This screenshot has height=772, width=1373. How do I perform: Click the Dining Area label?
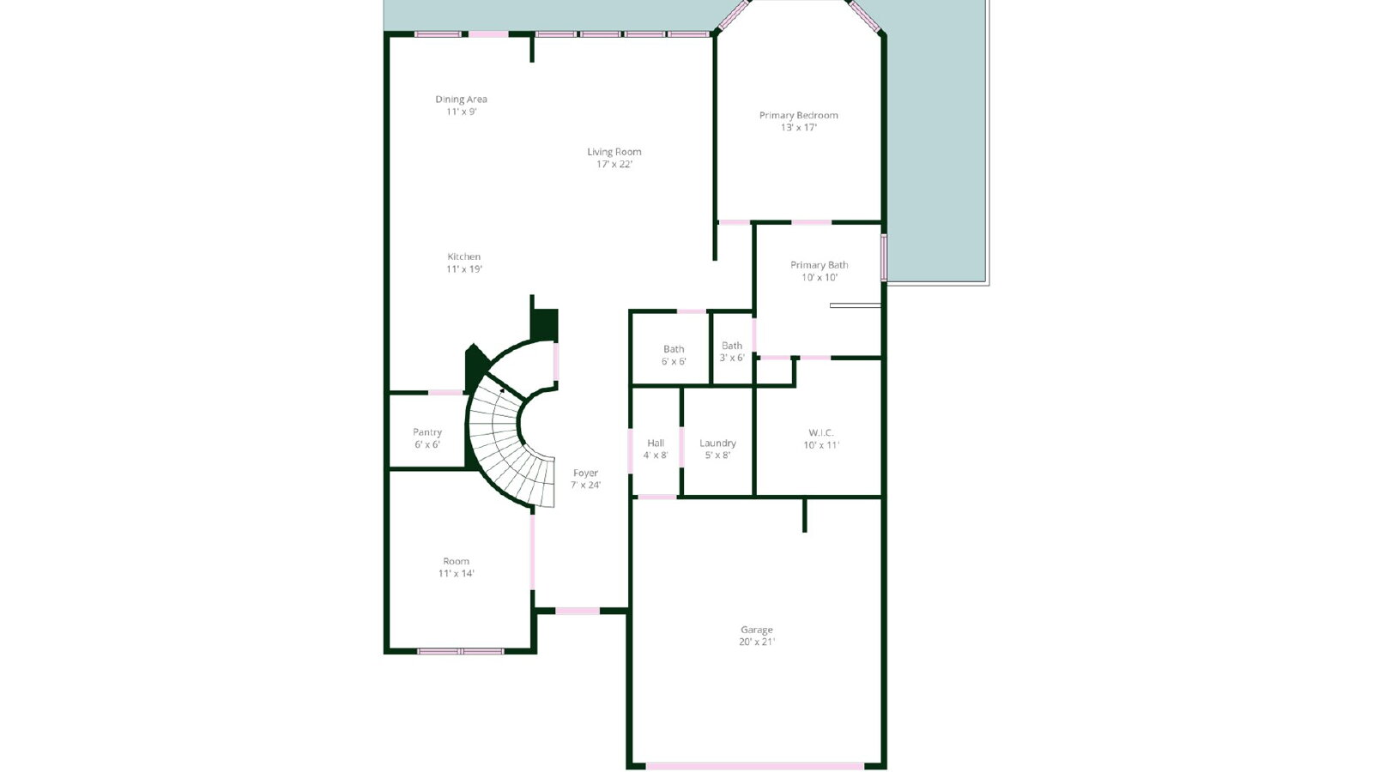click(x=461, y=100)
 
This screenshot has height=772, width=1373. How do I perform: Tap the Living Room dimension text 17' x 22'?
click(x=614, y=164)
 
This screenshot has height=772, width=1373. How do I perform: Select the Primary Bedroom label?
click(x=798, y=115)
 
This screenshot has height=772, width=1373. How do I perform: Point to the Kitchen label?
click(x=464, y=256)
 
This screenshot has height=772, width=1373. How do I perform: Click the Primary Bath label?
click(x=819, y=265)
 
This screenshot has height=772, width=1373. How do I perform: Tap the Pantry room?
click(x=427, y=431)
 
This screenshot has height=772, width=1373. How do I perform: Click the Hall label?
click(x=656, y=443)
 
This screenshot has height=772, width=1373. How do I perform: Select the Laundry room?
click(x=717, y=442)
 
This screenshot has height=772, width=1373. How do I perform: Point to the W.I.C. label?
click(x=820, y=432)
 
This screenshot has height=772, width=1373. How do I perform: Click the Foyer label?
click(x=585, y=473)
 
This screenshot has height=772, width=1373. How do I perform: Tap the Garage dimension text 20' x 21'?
click(x=756, y=642)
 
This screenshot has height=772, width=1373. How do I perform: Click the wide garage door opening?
click(x=754, y=767)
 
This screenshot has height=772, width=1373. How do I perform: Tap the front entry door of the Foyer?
click(x=578, y=611)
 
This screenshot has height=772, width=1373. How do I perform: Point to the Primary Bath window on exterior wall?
click(x=884, y=257)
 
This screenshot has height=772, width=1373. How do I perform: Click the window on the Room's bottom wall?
click(x=460, y=651)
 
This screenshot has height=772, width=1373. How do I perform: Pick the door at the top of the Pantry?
click(x=445, y=393)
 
